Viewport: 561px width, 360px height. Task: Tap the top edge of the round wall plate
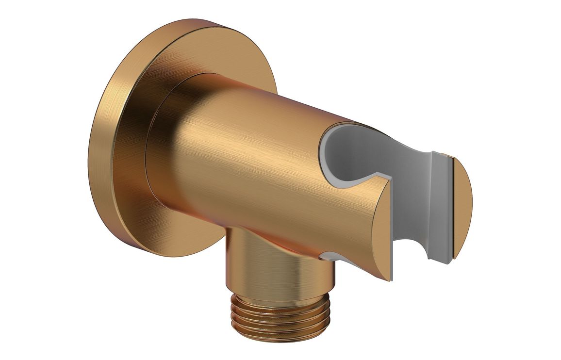point(204,24)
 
